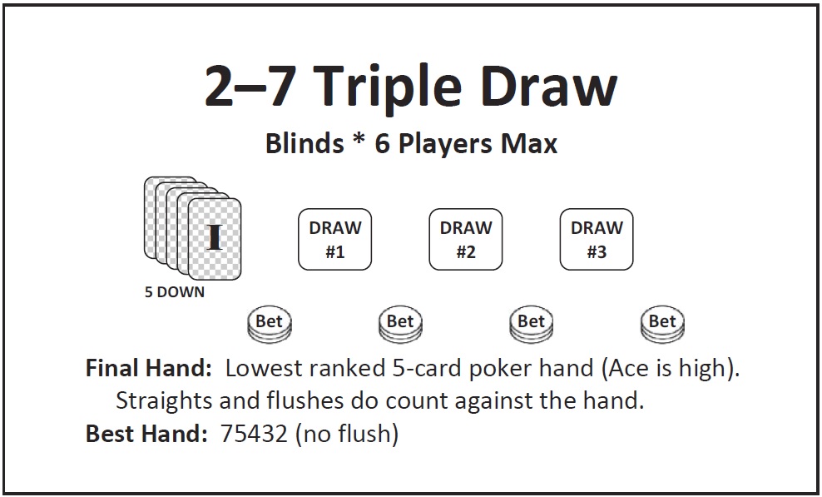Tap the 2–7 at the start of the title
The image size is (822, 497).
pyautogui.click(x=251, y=86)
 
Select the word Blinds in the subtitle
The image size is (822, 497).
pyautogui.click(x=305, y=142)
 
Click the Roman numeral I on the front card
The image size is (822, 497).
pyautogui.click(x=214, y=237)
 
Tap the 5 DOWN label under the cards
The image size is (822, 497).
pyautogui.click(x=175, y=292)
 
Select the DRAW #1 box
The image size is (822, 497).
pyautogui.click(x=335, y=239)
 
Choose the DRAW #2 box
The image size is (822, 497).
pyautogui.click(x=466, y=239)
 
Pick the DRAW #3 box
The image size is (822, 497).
pyautogui.click(x=597, y=239)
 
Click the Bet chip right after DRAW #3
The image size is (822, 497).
pyautogui.click(x=662, y=325)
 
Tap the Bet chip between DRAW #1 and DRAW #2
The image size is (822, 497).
pyautogui.click(x=400, y=325)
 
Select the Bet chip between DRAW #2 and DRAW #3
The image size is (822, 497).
pyautogui.click(x=532, y=325)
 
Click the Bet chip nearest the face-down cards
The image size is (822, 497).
pyautogui.click(x=270, y=325)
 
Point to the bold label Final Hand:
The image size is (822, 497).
pyautogui.click(x=148, y=368)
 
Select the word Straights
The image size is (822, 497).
pyautogui.click(x=165, y=401)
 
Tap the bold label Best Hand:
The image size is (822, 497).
pyautogui.click(x=146, y=434)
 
